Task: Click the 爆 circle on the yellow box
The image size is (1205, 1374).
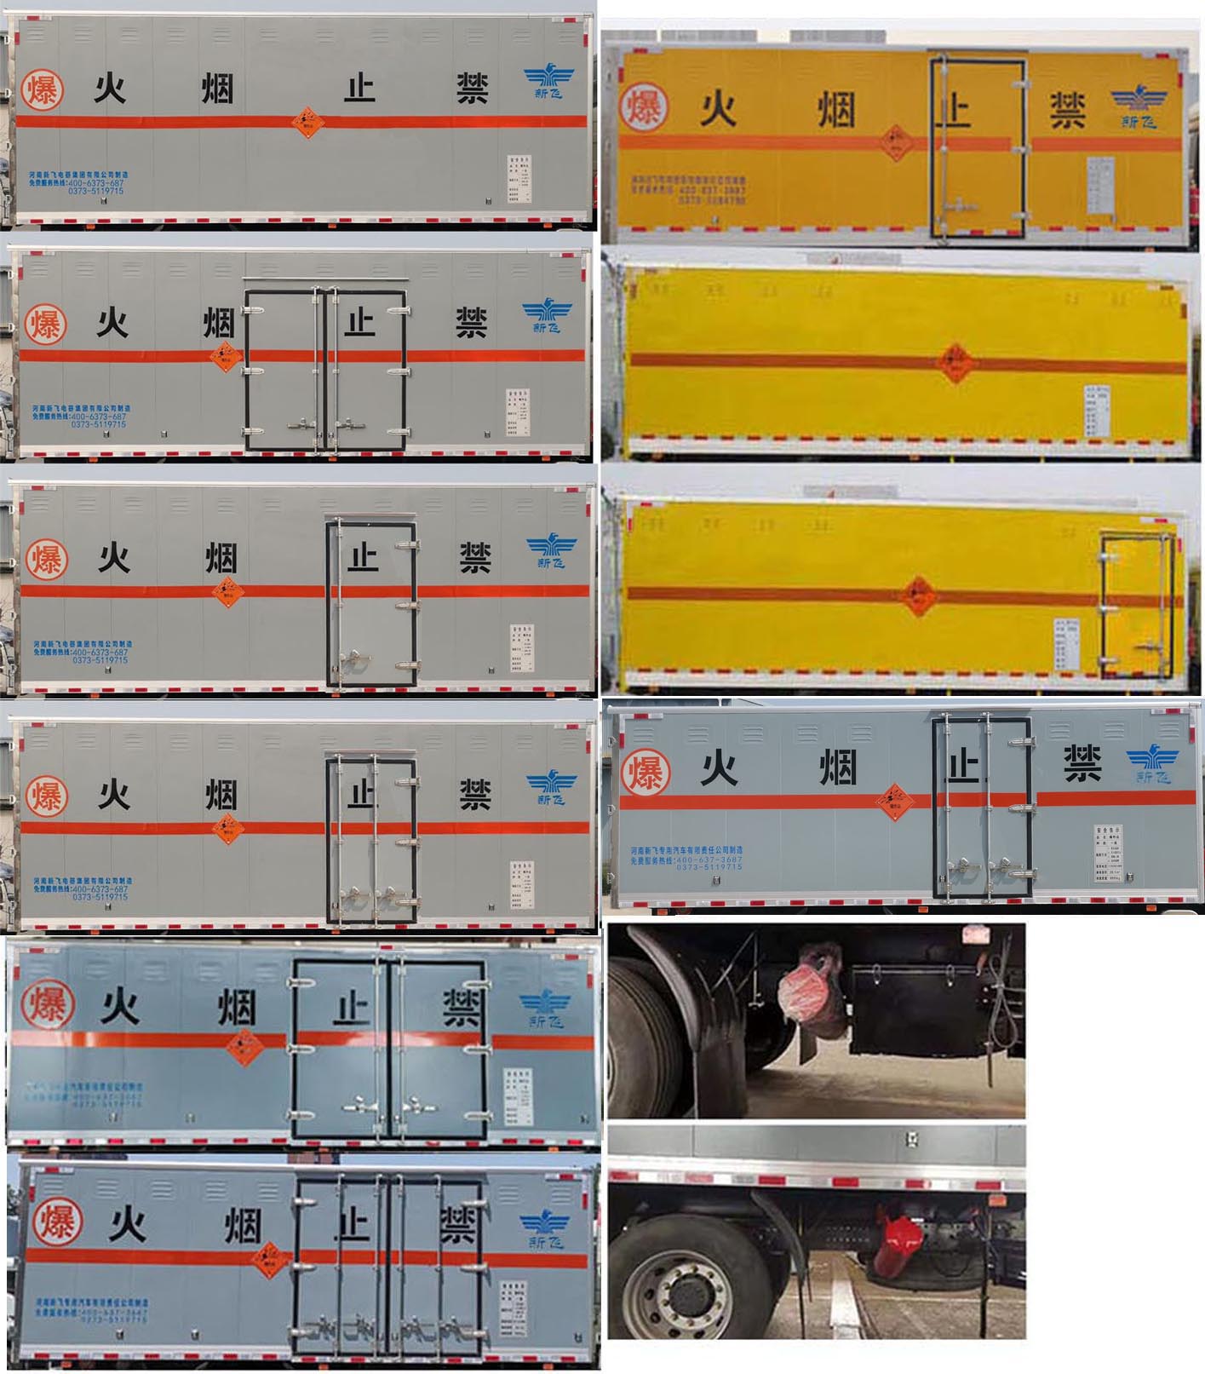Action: [x=643, y=107]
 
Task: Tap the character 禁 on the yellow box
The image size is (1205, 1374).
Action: [x=1066, y=111]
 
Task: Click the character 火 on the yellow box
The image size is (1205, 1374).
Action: [x=719, y=109]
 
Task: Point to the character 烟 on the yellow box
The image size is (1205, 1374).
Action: [x=835, y=110]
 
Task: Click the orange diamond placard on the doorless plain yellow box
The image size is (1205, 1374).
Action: [x=955, y=364]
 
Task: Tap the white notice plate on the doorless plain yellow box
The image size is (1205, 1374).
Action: [x=1097, y=410]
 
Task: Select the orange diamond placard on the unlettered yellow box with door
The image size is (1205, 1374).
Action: [x=918, y=595]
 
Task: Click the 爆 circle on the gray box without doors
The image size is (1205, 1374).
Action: [x=42, y=89]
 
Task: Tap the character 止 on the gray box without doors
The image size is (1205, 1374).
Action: [x=359, y=88]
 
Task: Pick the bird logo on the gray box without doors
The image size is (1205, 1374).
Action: [x=548, y=83]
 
